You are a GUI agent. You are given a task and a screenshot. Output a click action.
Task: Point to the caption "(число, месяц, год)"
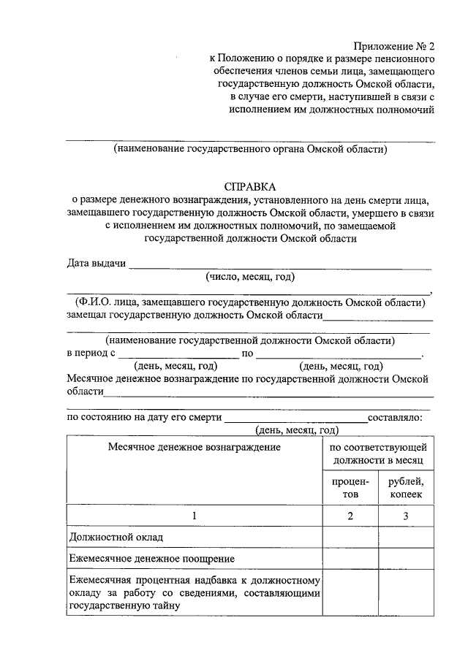250,277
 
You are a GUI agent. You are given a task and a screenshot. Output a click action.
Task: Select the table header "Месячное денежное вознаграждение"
195,447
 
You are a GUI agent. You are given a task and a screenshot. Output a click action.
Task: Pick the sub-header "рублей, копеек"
407,488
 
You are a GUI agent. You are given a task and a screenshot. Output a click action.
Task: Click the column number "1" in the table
195,516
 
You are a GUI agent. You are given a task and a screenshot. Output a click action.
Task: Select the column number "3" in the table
407,516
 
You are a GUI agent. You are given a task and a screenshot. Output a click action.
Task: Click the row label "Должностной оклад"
116,538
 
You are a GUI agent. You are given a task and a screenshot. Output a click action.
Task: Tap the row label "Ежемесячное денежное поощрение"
151,559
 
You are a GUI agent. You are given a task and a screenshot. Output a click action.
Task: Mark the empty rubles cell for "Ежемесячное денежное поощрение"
407,559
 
